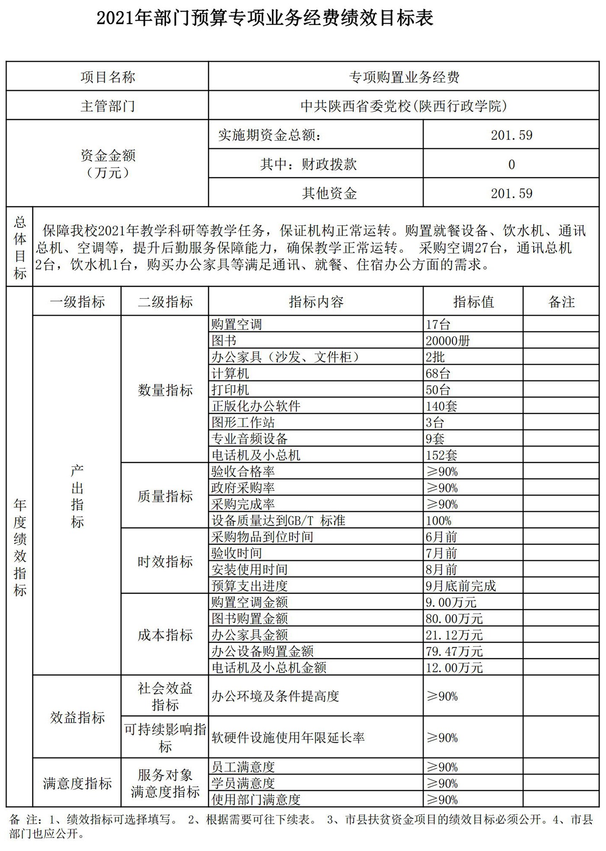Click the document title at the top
coord(265,19)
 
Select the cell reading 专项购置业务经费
coord(404,77)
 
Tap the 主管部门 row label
coord(107,106)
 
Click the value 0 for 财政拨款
coord(511,165)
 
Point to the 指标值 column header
coord(473,302)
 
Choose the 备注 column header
coord(561,302)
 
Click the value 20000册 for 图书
coord(448,341)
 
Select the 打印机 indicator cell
coord(231,390)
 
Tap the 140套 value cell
coord(441,406)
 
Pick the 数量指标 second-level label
coord(165,390)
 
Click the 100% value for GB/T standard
coord(438,521)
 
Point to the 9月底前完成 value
coord(461,586)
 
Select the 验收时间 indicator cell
coord(237,553)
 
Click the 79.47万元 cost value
coord(454,651)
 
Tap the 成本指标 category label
coord(165,635)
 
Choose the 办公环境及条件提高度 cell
coord(275,696)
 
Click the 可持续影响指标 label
coord(165,738)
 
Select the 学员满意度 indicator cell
coord(243,783)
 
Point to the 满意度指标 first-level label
coord(77,783)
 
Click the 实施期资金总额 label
coord(269,135)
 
